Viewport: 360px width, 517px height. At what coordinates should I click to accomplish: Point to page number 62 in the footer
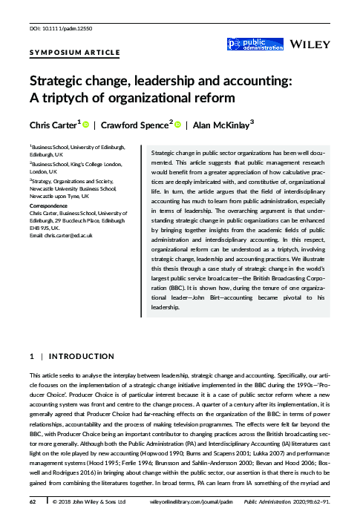pos(32,502)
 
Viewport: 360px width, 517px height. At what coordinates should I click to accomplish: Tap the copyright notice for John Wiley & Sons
pos(85,502)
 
